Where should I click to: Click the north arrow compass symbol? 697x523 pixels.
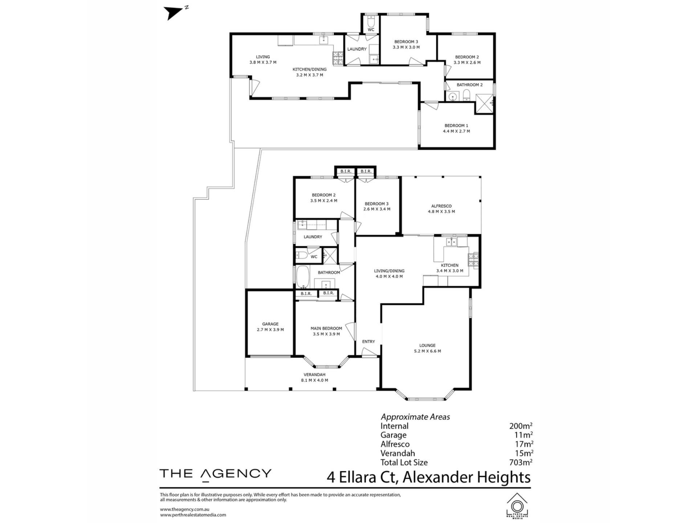(x=174, y=13)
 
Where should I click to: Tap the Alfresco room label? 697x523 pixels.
(x=441, y=206)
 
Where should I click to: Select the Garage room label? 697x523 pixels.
(x=270, y=324)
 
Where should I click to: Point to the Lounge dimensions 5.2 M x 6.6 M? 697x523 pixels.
(x=427, y=351)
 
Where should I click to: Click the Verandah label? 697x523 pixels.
(x=314, y=375)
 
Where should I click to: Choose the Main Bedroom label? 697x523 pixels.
(x=326, y=328)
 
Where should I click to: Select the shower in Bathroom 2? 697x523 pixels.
(x=484, y=104)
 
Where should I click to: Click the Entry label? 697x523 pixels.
(x=368, y=341)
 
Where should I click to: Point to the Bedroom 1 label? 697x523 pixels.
(x=456, y=126)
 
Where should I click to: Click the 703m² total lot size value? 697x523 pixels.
(x=521, y=462)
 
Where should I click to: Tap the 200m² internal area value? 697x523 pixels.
(x=521, y=426)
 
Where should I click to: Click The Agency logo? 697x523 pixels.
(x=215, y=474)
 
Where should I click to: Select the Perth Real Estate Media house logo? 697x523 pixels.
(x=517, y=505)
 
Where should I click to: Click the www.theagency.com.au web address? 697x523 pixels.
(x=184, y=510)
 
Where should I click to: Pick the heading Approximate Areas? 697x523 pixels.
(x=415, y=417)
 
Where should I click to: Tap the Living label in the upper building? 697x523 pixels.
(x=263, y=57)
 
